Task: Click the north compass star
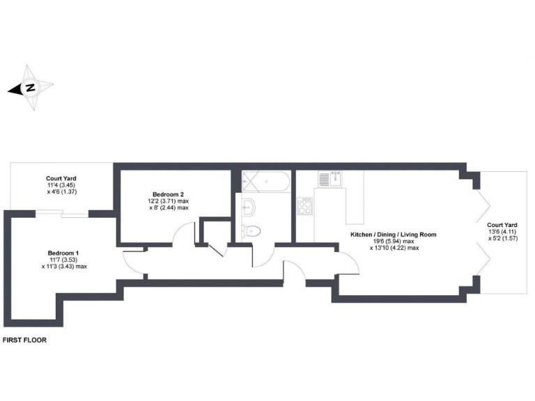(30, 88)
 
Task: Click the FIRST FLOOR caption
(24, 341)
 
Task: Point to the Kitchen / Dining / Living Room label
(394, 234)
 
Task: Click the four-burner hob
(306, 206)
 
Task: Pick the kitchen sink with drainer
(329, 179)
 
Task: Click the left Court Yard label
(61, 178)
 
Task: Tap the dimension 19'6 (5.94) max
(394, 241)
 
